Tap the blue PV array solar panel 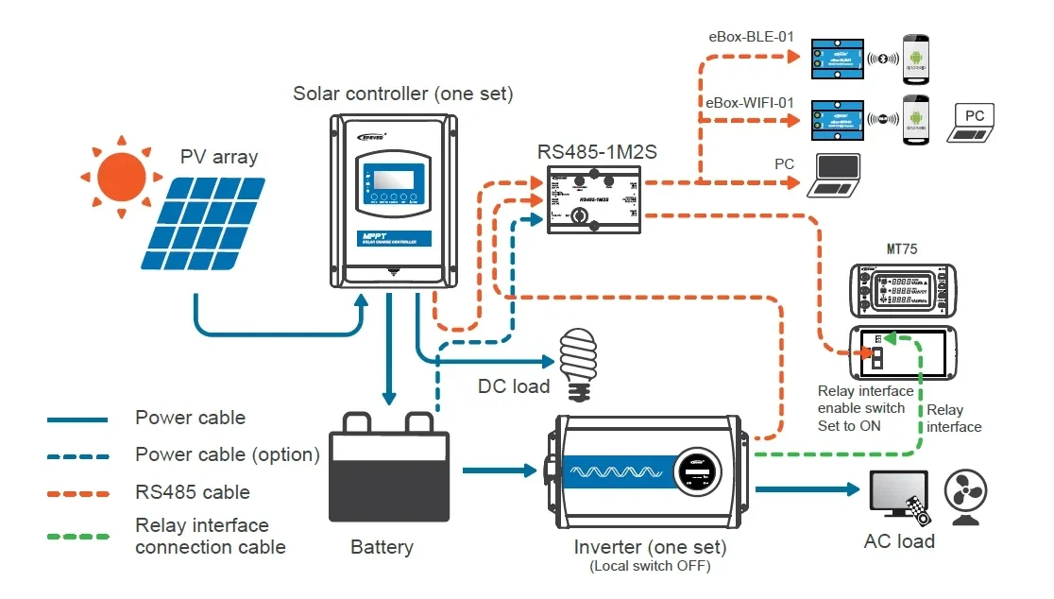click(x=204, y=224)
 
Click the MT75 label click(x=903, y=249)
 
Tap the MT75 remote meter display click(x=903, y=291)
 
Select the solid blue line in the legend click(x=77, y=419)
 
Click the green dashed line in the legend click(x=77, y=537)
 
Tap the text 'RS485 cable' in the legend click(x=193, y=492)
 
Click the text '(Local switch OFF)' click(x=650, y=567)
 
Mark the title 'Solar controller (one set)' click(x=403, y=94)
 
